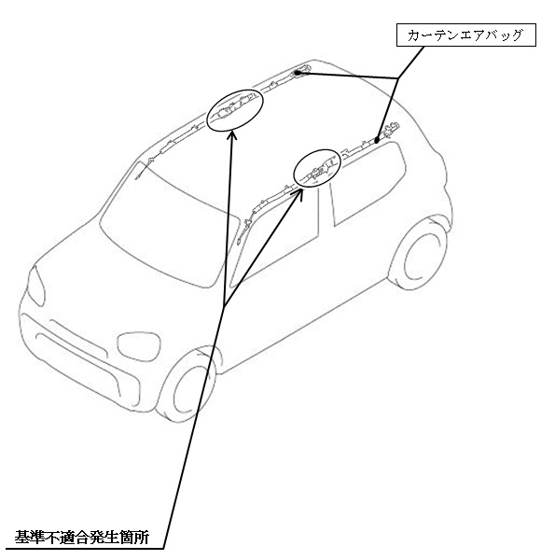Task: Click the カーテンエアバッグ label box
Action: tap(465, 35)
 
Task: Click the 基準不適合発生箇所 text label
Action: tap(82, 538)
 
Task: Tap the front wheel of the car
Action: tap(190, 386)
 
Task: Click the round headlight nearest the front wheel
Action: tap(139, 346)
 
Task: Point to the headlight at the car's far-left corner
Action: tap(35, 286)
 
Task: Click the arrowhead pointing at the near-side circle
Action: tap(298, 193)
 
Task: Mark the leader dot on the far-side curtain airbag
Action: tap(298, 73)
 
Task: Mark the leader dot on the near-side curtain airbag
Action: tap(377, 140)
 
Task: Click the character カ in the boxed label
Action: tap(413, 35)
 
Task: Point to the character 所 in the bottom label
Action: tap(142, 538)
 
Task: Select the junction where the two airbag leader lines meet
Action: tap(398, 78)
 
